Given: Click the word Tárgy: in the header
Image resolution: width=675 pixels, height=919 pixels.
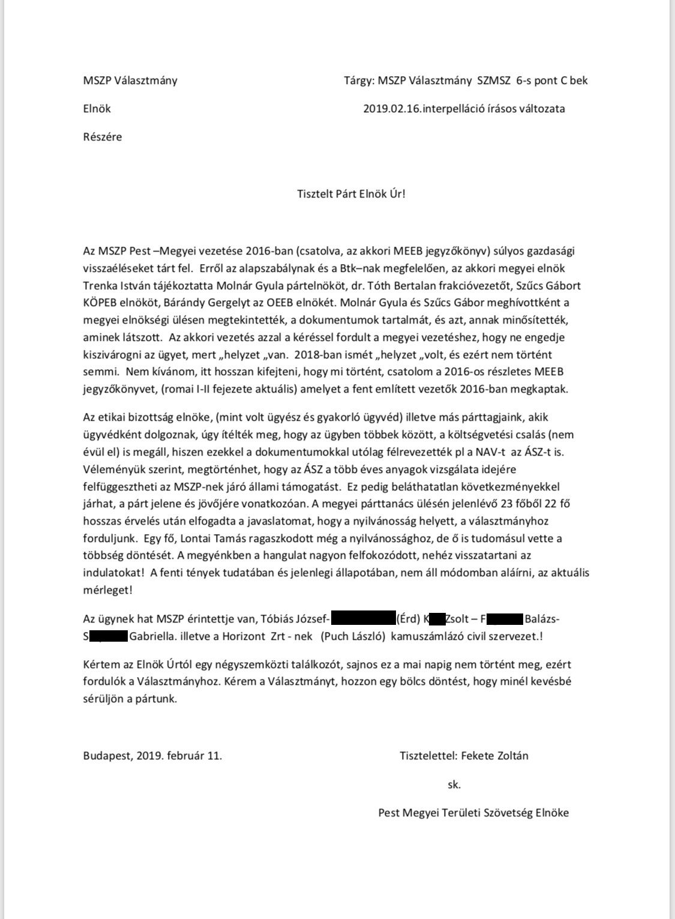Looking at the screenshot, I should tap(358, 80).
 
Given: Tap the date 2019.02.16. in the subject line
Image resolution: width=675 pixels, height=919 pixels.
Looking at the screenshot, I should tap(391, 109).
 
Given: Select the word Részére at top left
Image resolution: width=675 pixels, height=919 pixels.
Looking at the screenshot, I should tap(102, 137).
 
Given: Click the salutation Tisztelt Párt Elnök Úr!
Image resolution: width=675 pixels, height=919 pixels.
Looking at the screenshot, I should tap(352, 194).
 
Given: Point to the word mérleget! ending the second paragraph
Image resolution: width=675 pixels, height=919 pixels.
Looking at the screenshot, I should tap(108, 590).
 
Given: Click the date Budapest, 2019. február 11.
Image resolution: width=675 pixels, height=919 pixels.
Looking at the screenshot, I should tap(152, 756).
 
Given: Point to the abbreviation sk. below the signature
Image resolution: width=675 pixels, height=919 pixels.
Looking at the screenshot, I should tap(454, 784).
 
